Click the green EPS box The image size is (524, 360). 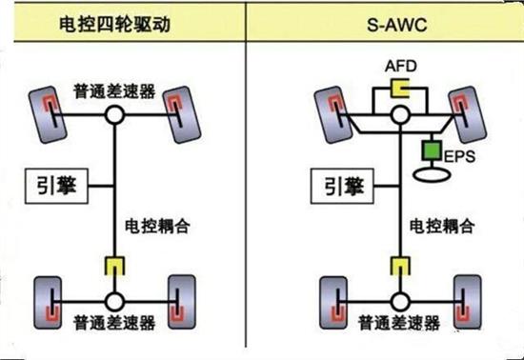pyautogui.click(x=430, y=151)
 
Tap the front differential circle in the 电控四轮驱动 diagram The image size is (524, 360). pyautogui.click(x=115, y=114)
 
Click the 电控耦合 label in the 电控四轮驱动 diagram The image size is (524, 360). pyautogui.click(x=154, y=229)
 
